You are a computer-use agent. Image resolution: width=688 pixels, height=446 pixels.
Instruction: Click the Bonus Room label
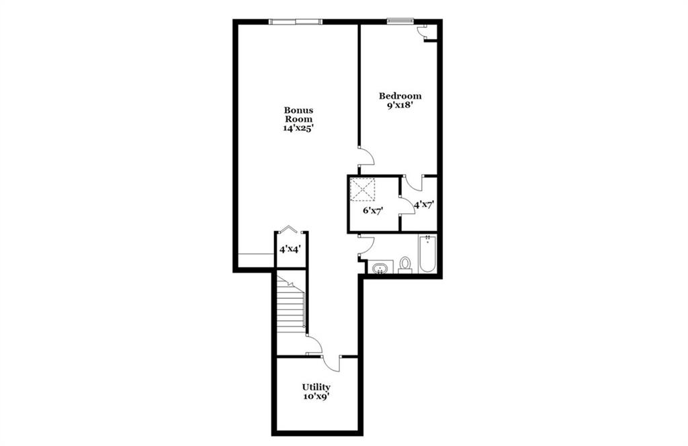(298, 114)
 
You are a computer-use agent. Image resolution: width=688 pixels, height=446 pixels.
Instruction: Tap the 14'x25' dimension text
(298, 128)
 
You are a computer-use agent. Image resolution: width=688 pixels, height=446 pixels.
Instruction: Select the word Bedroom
(400, 95)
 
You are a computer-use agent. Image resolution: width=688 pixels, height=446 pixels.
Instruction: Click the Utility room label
(316, 388)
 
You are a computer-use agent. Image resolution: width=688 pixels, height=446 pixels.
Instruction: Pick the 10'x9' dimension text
(316, 396)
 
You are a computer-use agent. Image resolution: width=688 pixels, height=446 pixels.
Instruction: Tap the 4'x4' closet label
(290, 250)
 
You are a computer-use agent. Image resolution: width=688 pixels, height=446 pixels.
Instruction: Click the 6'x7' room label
(374, 210)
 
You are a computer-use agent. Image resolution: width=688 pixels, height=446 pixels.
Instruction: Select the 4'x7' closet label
(424, 204)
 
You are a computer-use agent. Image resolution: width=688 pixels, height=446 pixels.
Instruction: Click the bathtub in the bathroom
(427, 254)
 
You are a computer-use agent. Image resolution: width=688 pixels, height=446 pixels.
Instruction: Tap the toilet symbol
(405, 265)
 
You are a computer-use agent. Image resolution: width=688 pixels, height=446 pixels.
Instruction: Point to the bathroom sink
(380, 267)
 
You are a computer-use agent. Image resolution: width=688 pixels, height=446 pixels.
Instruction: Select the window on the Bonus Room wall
(296, 21)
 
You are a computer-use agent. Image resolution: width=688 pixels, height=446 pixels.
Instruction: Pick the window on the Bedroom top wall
(400, 19)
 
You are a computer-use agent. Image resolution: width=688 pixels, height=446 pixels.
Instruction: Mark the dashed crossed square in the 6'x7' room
(362, 189)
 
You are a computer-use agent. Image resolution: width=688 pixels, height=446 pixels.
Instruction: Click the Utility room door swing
(331, 363)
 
